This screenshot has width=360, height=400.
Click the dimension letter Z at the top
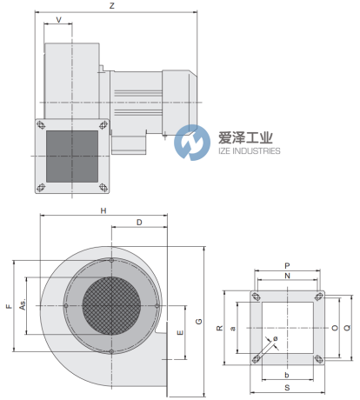tap(112, 6)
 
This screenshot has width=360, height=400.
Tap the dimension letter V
tap(59, 20)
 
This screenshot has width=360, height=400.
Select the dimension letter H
tap(103, 210)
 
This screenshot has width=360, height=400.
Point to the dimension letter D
tap(139, 223)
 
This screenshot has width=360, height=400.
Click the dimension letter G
tap(199, 321)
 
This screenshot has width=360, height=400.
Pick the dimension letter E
tap(180, 332)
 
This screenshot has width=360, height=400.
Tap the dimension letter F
tap(10, 306)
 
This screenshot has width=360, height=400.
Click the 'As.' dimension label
tap(23, 304)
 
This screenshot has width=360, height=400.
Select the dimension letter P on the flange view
tap(287, 265)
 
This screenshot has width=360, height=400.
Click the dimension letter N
tap(287, 276)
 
